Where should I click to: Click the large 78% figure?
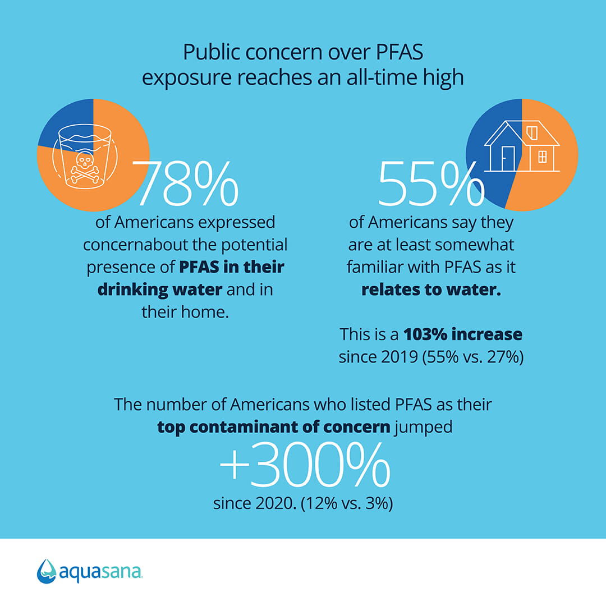tap(185, 183)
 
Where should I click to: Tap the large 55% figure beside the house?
tap(431, 183)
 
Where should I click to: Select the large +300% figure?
tap(305, 465)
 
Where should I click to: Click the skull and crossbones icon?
tap(85, 167)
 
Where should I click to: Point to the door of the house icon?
tap(508, 158)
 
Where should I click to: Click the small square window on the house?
tap(542, 157)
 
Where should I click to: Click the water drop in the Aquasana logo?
tap(47, 571)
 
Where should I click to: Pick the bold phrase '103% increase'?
tap(462, 334)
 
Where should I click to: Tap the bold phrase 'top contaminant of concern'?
tap(274, 427)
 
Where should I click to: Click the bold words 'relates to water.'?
tap(431, 290)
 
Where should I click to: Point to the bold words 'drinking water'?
tap(159, 290)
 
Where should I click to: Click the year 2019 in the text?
tap(400, 357)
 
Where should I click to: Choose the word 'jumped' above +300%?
tap(423, 428)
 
